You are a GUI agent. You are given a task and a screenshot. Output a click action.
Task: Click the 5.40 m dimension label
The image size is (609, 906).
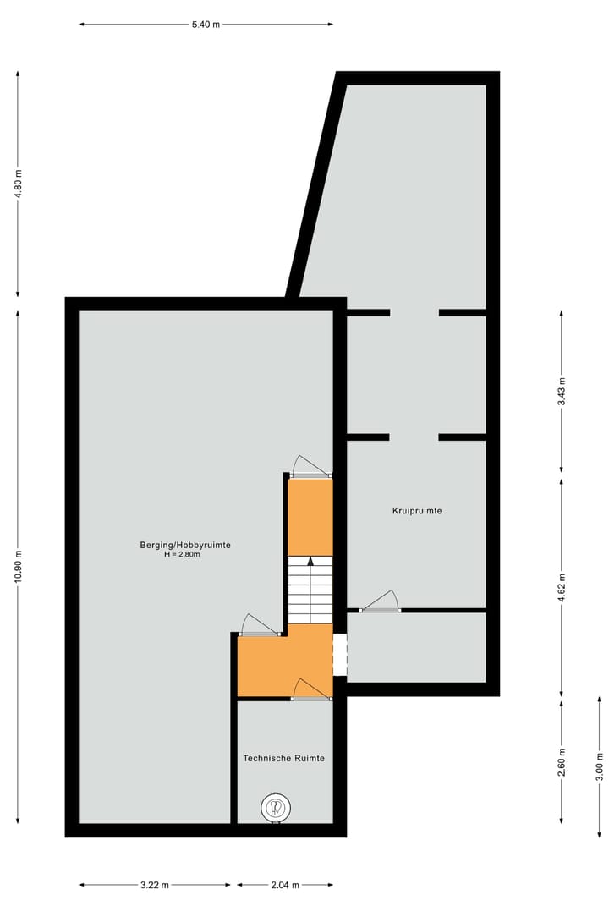pyautogui.click(x=206, y=25)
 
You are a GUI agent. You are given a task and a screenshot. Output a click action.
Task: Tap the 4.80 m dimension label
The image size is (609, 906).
pyautogui.click(x=19, y=184)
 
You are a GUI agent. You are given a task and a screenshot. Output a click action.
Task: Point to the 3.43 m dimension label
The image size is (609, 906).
pyautogui.click(x=562, y=391)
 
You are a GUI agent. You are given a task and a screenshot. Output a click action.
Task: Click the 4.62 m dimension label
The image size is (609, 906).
pyautogui.click(x=562, y=585)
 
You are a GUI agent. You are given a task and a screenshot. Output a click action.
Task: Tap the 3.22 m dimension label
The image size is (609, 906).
pyautogui.click(x=155, y=885)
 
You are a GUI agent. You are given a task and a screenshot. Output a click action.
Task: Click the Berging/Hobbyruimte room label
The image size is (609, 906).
pyautogui.click(x=185, y=546)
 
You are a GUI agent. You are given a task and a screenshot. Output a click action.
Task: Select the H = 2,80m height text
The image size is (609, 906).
pyautogui.click(x=185, y=556)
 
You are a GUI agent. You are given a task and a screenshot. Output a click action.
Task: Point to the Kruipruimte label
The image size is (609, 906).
pyautogui.click(x=417, y=511)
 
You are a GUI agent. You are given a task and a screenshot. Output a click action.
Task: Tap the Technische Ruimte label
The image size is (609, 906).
pyautogui.click(x=283, y=759)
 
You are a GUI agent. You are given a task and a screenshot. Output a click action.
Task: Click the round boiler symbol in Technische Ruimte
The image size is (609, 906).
pyautogui.click(x=275, y=808)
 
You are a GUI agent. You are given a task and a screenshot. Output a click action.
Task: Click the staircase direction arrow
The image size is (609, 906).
pyautogui.click(x=310, y=562)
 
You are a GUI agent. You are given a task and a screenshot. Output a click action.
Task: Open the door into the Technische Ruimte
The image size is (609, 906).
pyautogui.click(x=311, y=690)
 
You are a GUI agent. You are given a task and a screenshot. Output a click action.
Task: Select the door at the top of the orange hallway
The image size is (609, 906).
pyautogui.click(x=311, y=468)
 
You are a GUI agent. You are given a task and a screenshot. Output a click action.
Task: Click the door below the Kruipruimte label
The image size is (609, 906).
pyautogui.click(x=380, y=601)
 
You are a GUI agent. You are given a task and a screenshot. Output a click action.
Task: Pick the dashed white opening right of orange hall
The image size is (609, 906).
pyautogui.click(x=340, y=655)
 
